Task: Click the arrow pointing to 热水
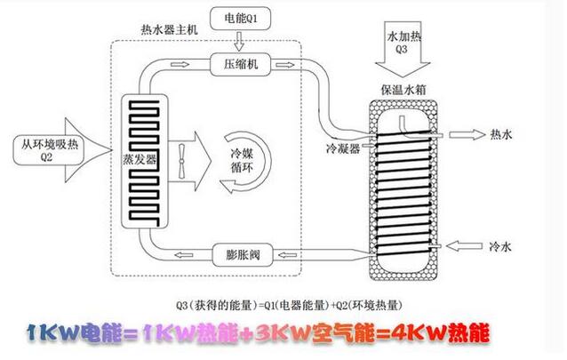tap(464, 135)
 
